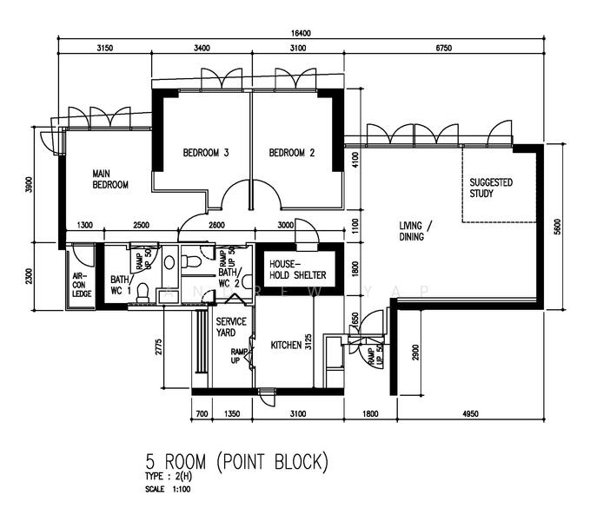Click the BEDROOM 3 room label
click(206, 154)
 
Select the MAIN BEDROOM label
click(110, 180)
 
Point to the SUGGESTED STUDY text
click(491, 188)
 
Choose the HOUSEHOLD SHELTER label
click(297, 269)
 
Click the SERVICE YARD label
click(231, 327)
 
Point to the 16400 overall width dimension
click(302, 33)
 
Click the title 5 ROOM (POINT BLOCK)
click(237, 461)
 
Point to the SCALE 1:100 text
click(168, 489)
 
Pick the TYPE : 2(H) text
click(169, 478)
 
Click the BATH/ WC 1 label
click(120, 285)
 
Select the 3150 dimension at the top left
click(105, 49)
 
